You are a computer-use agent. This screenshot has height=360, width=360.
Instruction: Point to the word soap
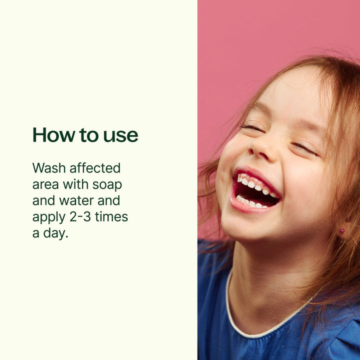(107, 185)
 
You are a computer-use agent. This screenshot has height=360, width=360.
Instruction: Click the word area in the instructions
(45, 185)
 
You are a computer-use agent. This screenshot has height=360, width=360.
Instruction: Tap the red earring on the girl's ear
(342, 231)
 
